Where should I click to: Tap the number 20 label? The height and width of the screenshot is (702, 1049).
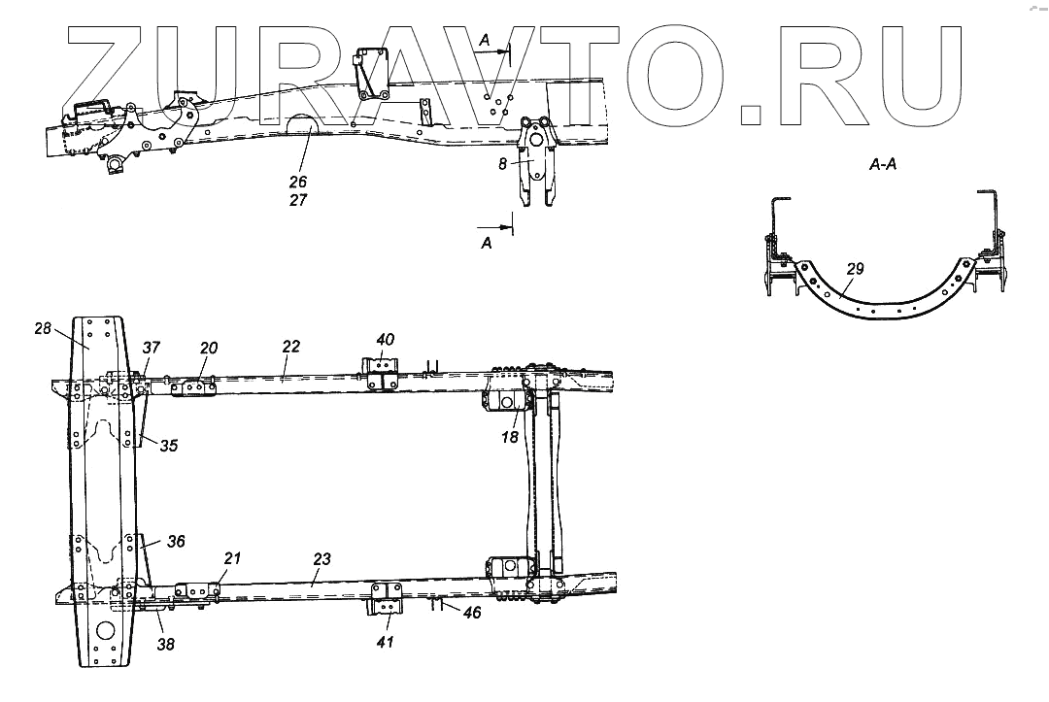tap(209, 348)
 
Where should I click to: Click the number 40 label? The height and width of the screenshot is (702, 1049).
tap(386, 340)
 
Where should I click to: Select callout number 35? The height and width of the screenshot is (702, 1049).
tap(169, 448)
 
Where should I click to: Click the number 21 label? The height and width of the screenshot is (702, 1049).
tap(233, 557)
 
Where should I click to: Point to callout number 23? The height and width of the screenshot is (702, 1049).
tap(322, 559)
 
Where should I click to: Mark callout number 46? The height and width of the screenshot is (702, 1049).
tap(473, 614)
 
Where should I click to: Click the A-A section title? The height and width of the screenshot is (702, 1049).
tap(883, 166)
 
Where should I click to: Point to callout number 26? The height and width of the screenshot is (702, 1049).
tap(297, 182)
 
